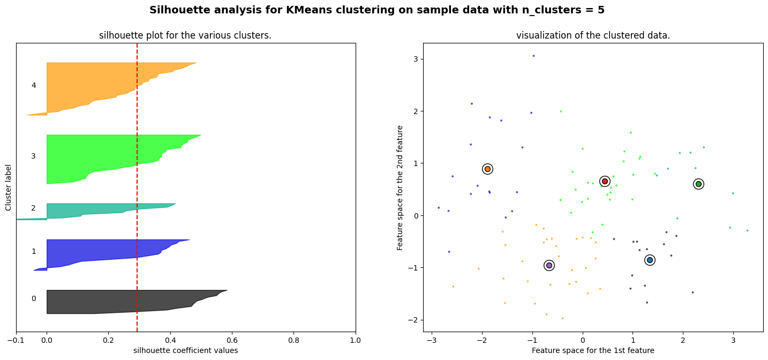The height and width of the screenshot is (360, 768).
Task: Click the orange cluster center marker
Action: (x=487, y=169)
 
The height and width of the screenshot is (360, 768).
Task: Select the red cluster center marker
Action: (x=605, y=181)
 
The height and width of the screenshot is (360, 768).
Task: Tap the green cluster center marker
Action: (x=698, y=184)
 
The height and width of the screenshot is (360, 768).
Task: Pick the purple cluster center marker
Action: (x=549, y=265)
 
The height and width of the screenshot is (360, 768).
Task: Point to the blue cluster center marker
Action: (x=650, y=260)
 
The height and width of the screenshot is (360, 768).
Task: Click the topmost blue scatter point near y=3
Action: (x=533, y=56)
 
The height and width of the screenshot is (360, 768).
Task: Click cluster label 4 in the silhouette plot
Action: (x=34, y=85)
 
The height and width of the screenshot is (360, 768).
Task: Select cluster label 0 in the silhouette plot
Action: (x=34, y=298)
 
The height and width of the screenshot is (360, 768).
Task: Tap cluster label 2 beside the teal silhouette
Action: (x=34, y=208)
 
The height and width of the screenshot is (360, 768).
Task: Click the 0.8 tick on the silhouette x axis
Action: (x=293, y=340)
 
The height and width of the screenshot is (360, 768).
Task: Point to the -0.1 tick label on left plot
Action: (x=16, y=340)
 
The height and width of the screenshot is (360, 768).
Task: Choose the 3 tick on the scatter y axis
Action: (x=416, y=59)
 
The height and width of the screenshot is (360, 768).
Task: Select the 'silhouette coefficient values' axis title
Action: (x=185, y=350)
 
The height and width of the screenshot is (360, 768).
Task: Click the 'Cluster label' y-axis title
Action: (x=9, y=187)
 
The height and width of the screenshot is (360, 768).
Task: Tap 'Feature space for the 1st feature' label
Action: (x=593, y=350)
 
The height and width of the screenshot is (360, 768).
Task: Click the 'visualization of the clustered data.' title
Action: (x=593, y=35)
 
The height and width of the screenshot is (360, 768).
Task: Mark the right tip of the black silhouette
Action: (x=227, y=291)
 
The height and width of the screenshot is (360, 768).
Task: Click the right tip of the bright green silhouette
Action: (x=200, y=135)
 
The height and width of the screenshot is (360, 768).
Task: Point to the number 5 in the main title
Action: (x=601, y=10)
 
